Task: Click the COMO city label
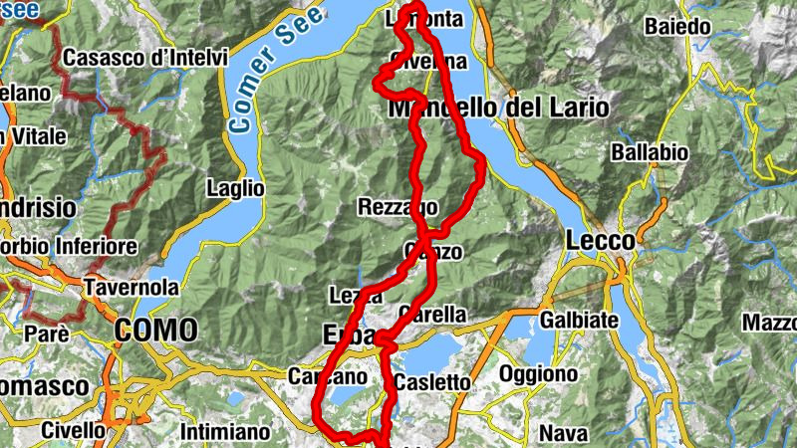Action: point(155,330)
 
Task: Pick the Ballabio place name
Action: point(650,153)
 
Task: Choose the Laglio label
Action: point(235,187)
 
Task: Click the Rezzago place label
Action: point(397,207)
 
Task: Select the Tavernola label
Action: point(132,287)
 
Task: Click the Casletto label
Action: point(431,382)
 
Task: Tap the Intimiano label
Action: point(226,432)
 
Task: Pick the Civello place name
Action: point(74,430)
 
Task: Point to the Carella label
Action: point(431,314)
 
